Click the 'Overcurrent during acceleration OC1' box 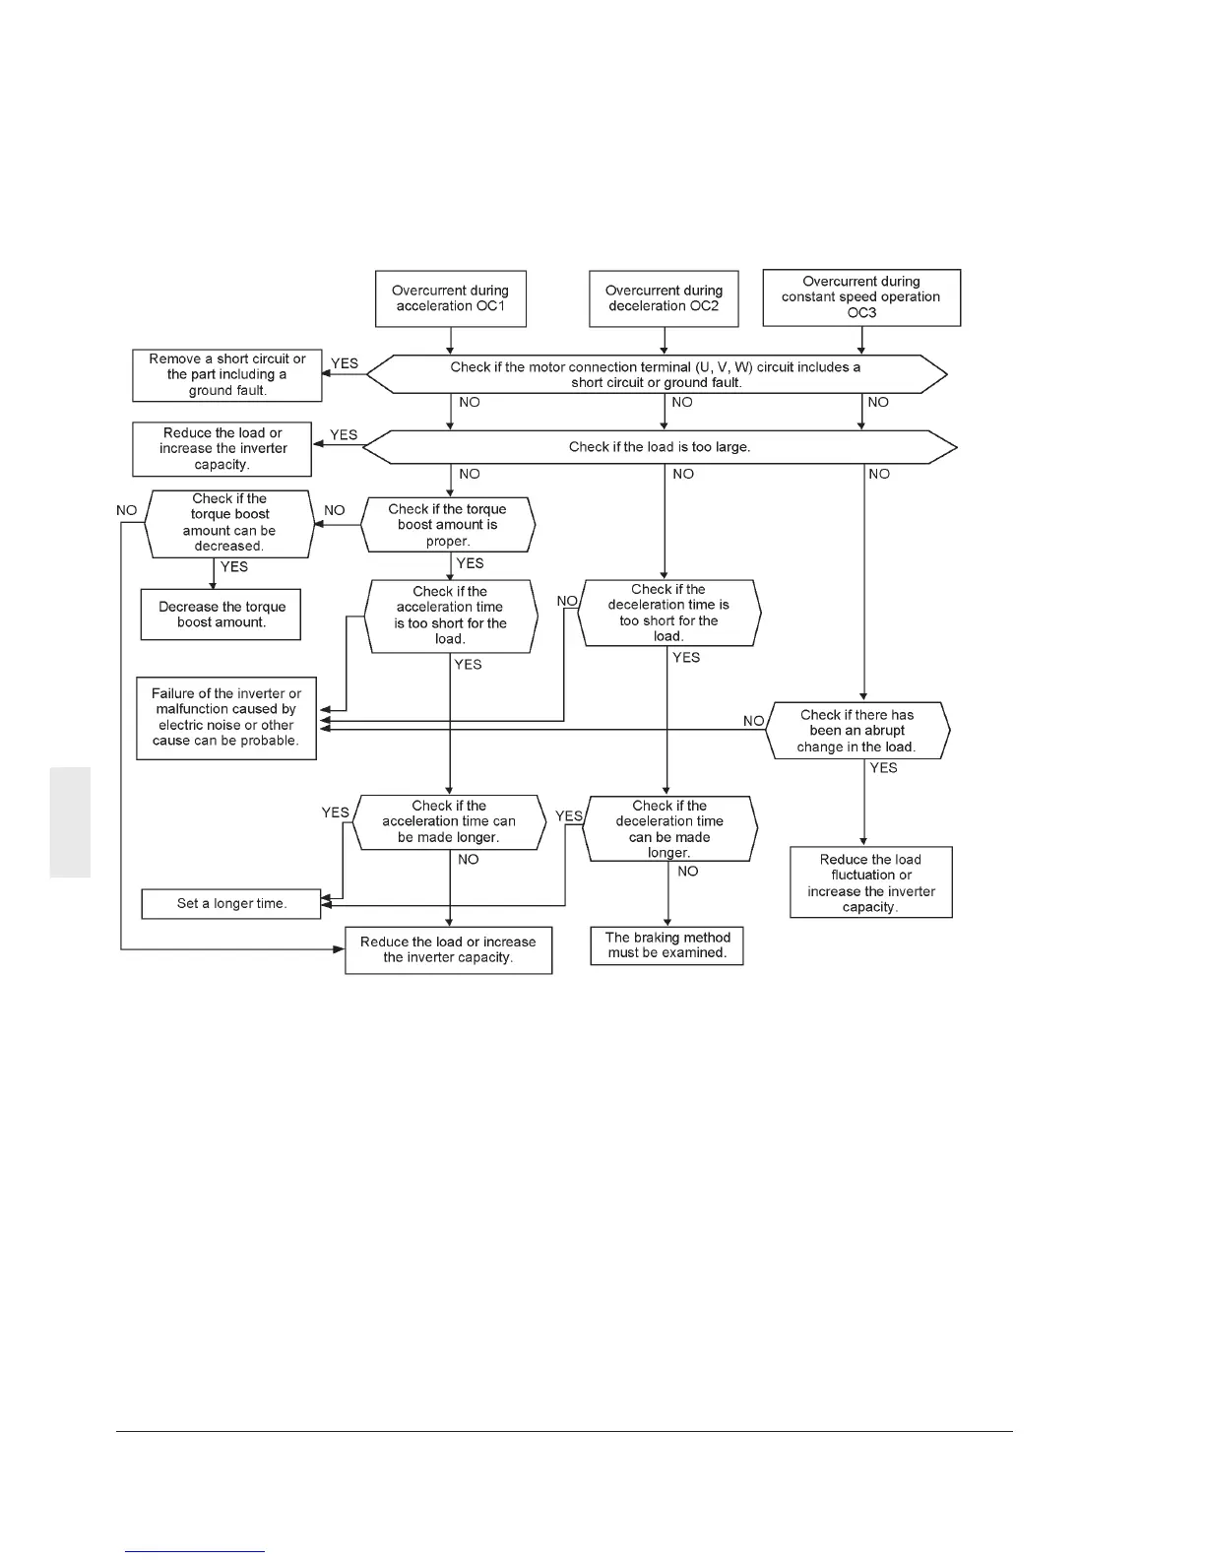point(450,298)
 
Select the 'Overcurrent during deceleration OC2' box point(664,298)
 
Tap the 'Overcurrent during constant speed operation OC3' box point(861,297)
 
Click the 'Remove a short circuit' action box point(227,375)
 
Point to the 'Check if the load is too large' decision point(660,447)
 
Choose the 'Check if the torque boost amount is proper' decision point(448,525)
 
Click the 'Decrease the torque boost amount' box point(221,615)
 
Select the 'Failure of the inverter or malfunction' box point(226,718)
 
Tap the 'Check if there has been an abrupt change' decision point(857,731)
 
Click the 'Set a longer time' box point(231,904)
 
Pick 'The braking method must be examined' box point(666,945)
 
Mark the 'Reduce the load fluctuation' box point(870,882)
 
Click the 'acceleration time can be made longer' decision point(449,822)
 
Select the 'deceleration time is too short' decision point(668,613)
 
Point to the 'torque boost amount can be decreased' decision point(228,523)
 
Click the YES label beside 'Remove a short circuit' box point(345,363)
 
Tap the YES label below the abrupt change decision point(883,768)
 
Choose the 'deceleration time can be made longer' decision point(669,829)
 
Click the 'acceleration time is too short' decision point(451,616)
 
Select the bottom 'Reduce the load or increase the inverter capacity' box point(448,950)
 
